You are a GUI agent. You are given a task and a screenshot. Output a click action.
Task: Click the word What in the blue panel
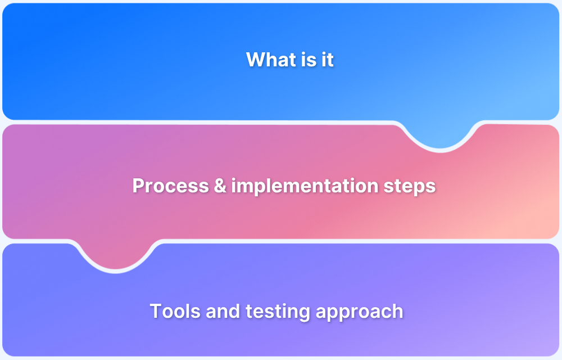[x=268, y=60]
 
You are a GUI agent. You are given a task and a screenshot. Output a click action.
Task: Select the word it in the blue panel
[x=328, y=60]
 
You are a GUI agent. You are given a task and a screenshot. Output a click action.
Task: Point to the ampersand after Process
[x=219, y=186]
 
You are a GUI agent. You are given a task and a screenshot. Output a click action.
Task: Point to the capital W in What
[x=256, y=60]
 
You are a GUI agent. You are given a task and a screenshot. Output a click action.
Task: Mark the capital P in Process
[x=138, y=186]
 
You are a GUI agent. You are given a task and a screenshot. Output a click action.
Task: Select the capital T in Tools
[x=156, y=311]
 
